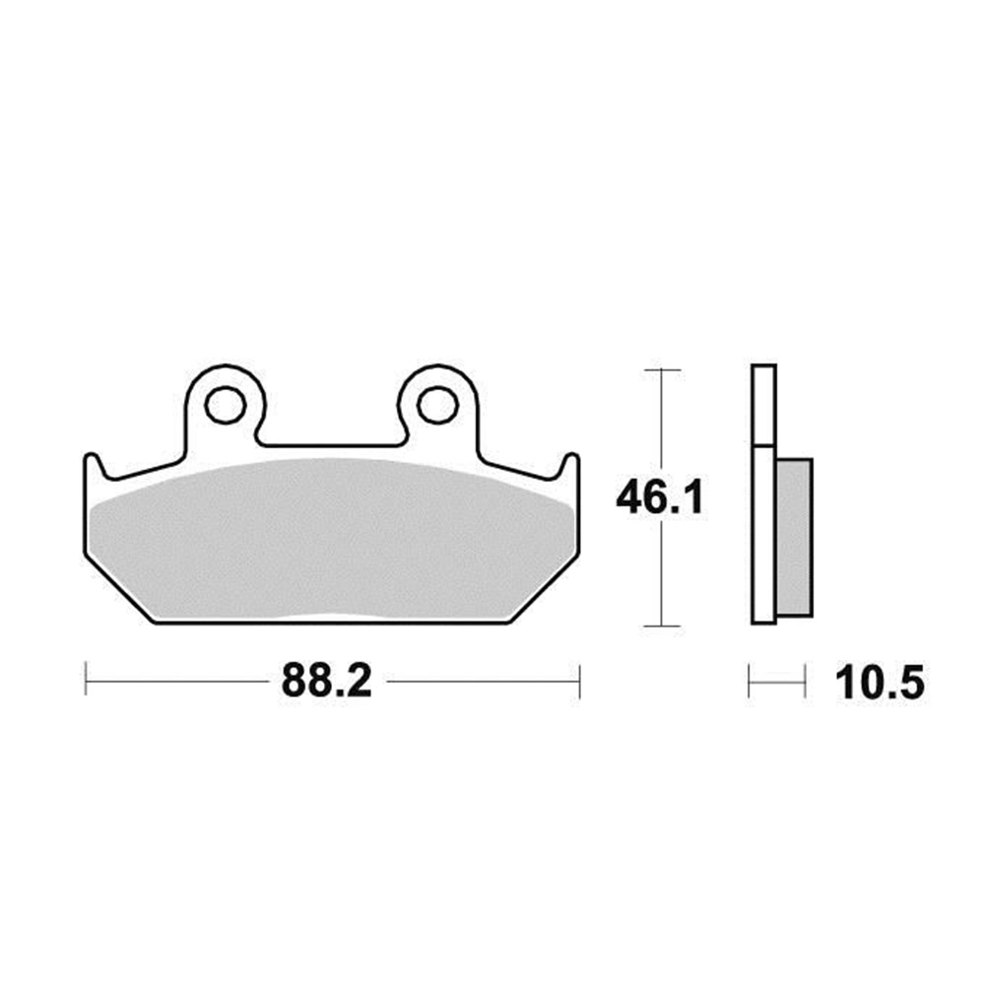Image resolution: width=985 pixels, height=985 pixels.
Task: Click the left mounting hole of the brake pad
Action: (226, 403)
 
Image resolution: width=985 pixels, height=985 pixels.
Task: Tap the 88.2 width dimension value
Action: (326, 682)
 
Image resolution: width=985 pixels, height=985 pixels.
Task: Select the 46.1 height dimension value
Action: (659, 498)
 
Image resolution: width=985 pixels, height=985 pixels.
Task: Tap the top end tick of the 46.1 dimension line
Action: (659, 369)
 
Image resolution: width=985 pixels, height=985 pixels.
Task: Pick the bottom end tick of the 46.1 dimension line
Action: (659, 625)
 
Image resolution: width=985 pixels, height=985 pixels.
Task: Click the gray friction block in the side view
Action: (794, 537)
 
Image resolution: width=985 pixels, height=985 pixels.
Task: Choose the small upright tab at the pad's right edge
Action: (570, 466)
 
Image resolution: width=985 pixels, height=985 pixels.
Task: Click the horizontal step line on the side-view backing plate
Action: (763, 446)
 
